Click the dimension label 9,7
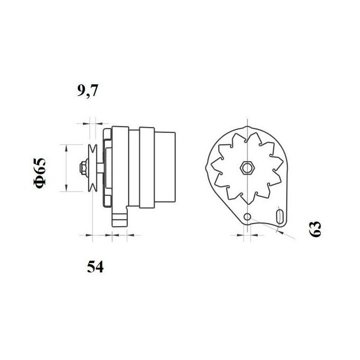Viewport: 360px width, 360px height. click(88, 91)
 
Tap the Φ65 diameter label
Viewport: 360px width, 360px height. click(40, 173)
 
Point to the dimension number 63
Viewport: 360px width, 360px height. click(315, 229)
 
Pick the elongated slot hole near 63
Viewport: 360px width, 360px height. click(280, 217)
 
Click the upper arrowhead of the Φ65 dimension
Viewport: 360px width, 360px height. click(65, 146)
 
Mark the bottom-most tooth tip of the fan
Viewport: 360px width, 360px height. click(246, 202)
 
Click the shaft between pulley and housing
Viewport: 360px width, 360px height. click(101, 167)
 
